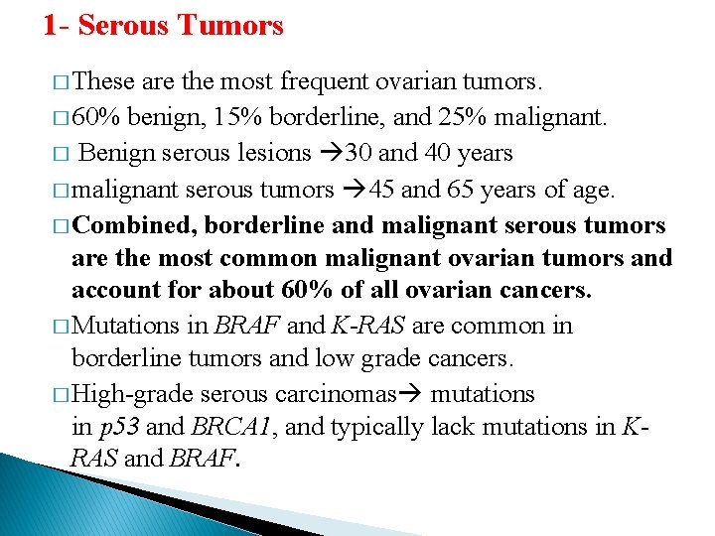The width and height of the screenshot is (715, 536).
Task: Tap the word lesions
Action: [271, 153]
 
